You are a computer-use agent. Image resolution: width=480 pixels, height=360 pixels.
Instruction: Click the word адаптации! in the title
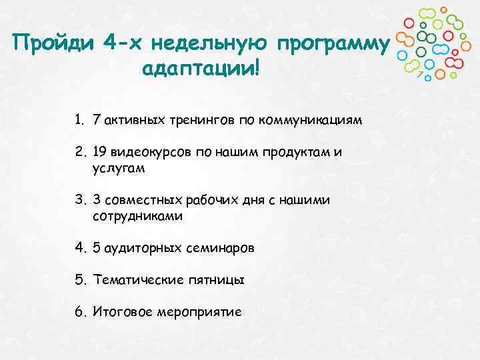[x=199, y=69]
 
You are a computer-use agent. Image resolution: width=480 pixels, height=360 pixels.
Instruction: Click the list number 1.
[x=79, y=121]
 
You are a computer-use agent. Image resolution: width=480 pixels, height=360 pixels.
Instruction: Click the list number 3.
[x=79, y=200]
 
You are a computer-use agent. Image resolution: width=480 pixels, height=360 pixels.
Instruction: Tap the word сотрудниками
[x=138, y=216]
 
